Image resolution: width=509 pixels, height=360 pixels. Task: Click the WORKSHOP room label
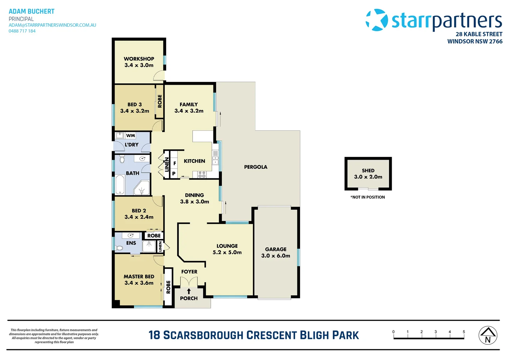pos(139,59)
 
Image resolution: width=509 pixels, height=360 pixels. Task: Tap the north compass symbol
pos(488,335)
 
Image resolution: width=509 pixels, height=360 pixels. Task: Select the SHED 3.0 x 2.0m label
pos(368,174)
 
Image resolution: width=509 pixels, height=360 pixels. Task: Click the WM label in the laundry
pos(131,135)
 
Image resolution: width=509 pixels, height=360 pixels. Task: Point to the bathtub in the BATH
pos(120,184)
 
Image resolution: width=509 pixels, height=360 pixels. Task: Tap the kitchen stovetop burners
pos(202,174)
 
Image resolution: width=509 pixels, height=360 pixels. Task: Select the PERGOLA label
pos(255,167)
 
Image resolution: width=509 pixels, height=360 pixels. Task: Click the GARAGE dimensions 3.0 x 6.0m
pos(275,256)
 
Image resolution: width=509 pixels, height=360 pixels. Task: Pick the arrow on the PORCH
pos(189,291)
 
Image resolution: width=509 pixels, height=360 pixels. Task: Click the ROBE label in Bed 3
pos(160,101)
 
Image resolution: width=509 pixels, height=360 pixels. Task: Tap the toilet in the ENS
pos(119,248)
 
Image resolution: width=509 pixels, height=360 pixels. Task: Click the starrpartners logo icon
pos(377,20)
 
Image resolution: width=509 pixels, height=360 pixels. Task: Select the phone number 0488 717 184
pos(22,31)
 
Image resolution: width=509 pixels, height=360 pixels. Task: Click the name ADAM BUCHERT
pos(31,11)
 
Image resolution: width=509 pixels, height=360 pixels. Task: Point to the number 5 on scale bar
pos(464,332)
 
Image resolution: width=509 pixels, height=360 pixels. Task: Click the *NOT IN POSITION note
pos(367,197)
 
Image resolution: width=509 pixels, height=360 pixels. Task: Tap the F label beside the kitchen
pos(175,163)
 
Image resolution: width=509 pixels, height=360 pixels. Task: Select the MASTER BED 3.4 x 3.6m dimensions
pos(139,283)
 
